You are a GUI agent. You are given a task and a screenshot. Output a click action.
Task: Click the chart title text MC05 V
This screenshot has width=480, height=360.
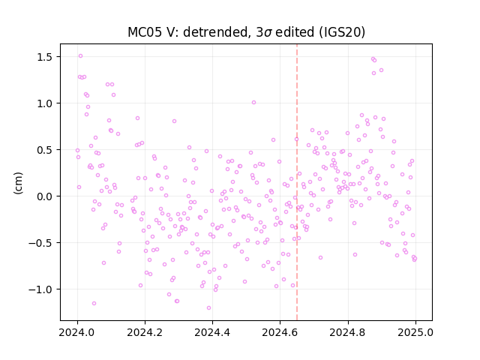pyautogui.click(x=150, y=32)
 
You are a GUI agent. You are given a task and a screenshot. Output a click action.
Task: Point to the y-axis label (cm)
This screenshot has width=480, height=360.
pyautogui.click(x=18, y=183)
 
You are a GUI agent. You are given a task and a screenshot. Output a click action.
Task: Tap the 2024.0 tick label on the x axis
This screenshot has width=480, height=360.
pyautogui.click(x=77, y=332)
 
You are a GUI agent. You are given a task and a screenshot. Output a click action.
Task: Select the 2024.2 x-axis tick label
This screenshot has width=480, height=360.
pyautogui.click(x=145, y=332)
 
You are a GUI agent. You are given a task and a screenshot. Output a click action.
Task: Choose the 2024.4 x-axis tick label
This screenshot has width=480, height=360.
pyautogui.click(x=212, y=332)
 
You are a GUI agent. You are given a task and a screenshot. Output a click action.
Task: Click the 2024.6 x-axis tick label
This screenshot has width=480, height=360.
pyautogui.click(x=280, y=332)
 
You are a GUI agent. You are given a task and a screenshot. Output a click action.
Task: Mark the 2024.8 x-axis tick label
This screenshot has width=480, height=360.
pyautogui.click(x=348, y=332)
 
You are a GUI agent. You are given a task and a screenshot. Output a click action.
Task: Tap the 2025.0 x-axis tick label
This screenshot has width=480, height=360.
pyautogui.click(x=415, y=332)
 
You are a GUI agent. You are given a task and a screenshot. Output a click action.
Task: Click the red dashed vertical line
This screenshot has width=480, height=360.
pyautogui.click(x=297, y=182)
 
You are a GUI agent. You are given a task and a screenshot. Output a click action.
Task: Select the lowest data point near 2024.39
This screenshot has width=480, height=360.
pyautogui.click(x=208, y=308)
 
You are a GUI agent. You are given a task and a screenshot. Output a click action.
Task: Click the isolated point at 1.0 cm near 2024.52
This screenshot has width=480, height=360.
pyautogui.click(x=253, y=103)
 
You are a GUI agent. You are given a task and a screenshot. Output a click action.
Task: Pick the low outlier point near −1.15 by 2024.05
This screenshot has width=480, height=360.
pyautogui.click(x=94, y=303)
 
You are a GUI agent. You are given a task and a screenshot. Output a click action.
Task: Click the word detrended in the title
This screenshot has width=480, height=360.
pyautogui.click(x=215, y=32)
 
